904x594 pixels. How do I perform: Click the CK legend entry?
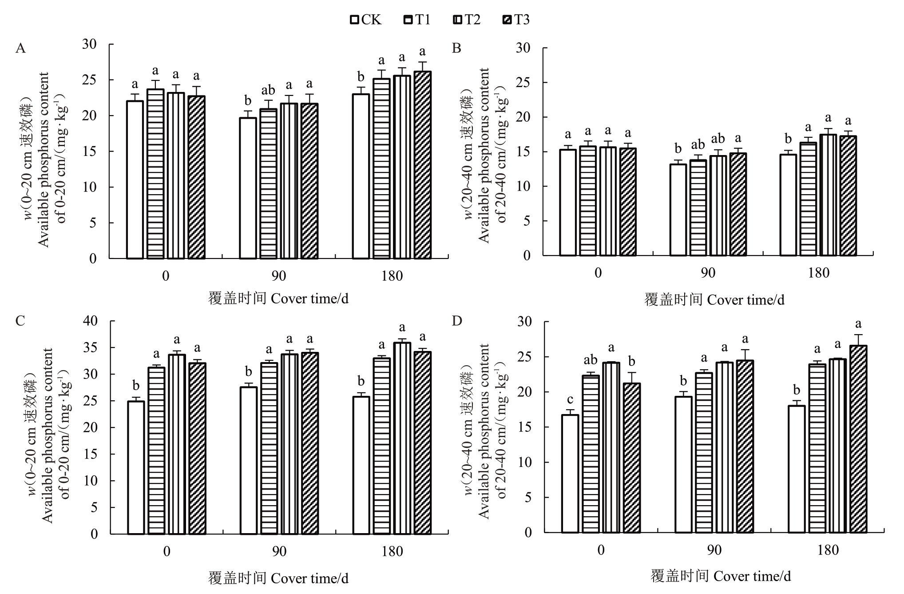(366, 20)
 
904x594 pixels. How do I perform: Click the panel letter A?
(20, 48)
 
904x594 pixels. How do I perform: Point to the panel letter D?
(457, 321)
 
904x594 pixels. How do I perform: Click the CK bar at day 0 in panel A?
(135, 179)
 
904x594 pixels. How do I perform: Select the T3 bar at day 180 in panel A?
(423, 165)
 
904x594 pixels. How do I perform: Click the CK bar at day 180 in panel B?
(788, 205)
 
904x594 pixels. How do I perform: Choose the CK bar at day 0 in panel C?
(136, 467)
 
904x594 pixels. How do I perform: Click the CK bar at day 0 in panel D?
(570, 474)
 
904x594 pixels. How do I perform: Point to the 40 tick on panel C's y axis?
(91, 321)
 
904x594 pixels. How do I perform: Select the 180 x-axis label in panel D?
(828, 550)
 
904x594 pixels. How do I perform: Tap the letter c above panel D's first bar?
(570, 399)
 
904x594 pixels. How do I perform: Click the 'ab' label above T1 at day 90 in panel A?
(268, 91)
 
